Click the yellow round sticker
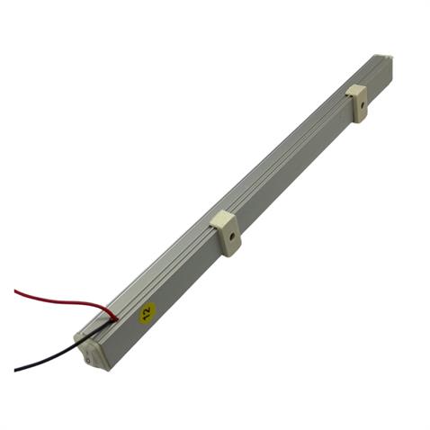147,313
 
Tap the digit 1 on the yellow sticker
150,309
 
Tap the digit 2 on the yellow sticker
144,316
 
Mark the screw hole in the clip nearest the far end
362,111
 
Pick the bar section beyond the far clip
378,76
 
